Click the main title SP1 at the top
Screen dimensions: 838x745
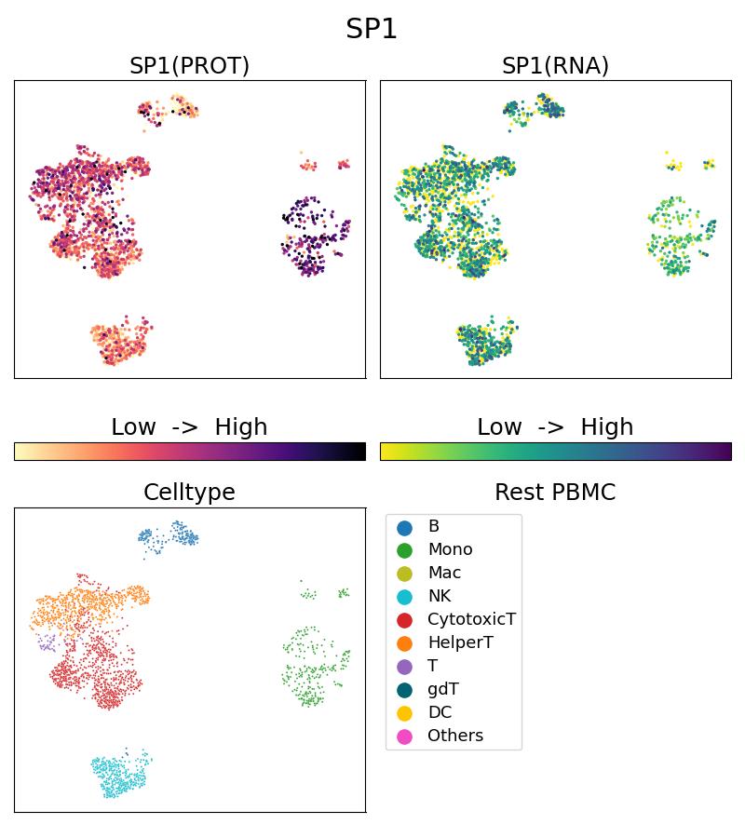click(x=372, y=29)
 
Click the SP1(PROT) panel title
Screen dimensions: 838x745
click(x=189, y=66)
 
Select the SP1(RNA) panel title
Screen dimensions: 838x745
click(x=555, y=66)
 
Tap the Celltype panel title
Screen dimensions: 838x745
click(x=189, y=493)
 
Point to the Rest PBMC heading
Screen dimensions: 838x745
click(x=555, y=493)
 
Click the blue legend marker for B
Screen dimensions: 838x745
click(x=404, y=527)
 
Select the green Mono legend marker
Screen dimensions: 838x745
click(x=404, y=550)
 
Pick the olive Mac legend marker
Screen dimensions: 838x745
click(x=404, y=574)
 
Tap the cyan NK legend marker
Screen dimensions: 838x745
click(x=404, y=597)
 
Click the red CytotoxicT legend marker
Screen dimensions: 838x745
click(x=404, y=620)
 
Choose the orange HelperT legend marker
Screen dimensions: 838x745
click(x=404, y=643)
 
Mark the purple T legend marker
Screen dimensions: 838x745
click(x=404, y=667)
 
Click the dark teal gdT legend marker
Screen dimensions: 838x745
click(x=404, y=690)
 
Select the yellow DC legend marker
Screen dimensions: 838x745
click(x=404, y=713)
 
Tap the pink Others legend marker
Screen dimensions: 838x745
click(x=404, y=737)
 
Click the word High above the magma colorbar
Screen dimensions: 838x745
click(x=241, y=427)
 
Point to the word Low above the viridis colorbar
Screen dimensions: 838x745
click(x=499, y=427)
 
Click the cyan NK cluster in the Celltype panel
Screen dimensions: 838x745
click(x=119, y=775)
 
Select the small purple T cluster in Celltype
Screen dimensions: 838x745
click(x=47, y=642)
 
